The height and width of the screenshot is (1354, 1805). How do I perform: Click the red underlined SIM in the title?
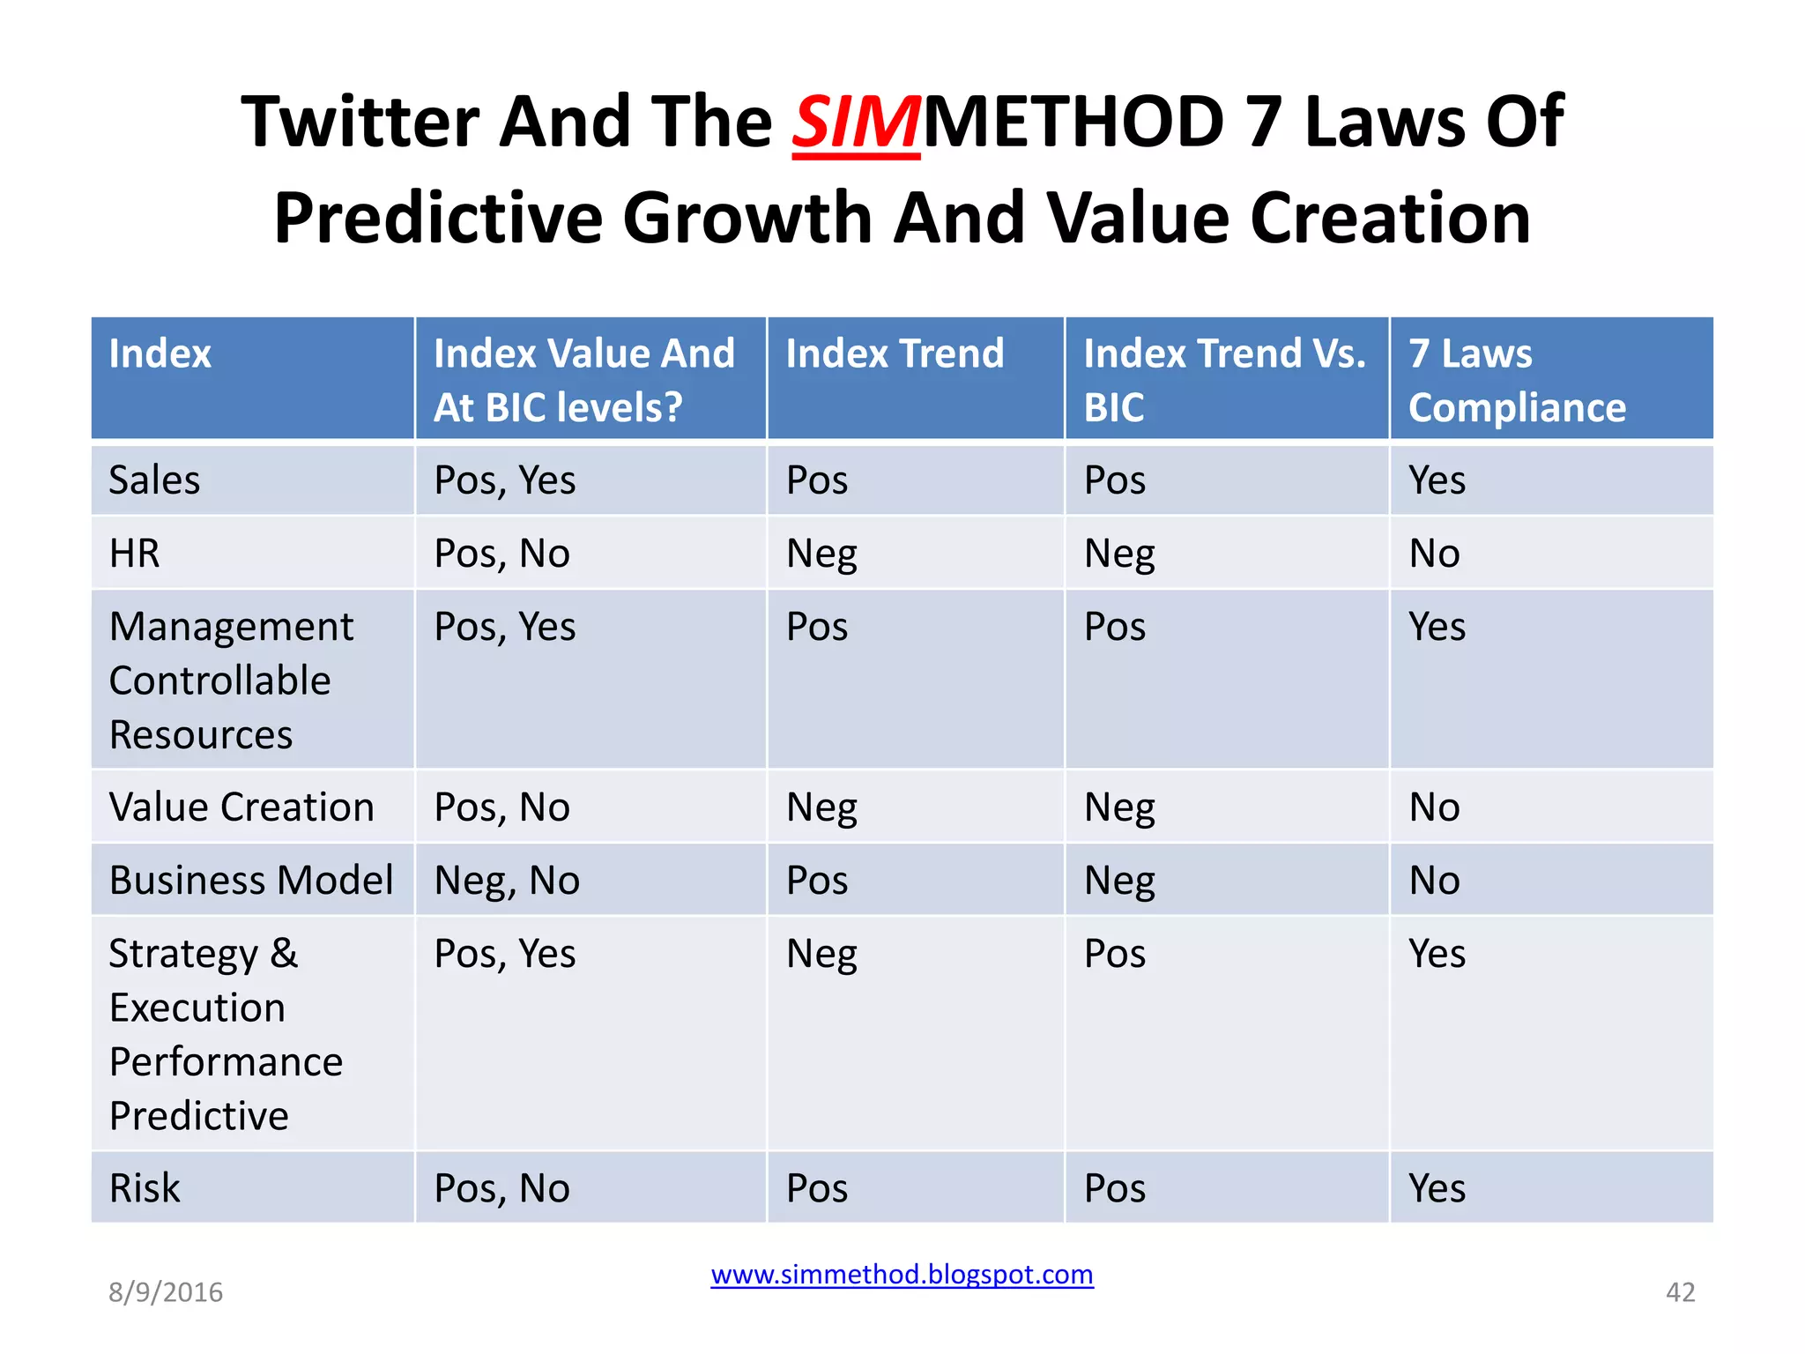[855, 123]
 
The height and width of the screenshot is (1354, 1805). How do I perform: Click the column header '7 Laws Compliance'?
[1516, 380]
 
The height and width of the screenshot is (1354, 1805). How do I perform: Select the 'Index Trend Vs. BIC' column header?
[1224, 380]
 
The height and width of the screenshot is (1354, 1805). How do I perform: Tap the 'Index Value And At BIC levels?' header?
[583, 380]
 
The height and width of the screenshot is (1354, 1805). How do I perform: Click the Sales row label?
[155, 480]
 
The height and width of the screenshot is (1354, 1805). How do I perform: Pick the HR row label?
[135, 554]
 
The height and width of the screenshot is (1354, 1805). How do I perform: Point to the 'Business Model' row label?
[251, 881]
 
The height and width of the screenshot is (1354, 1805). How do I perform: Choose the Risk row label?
[145, 1188]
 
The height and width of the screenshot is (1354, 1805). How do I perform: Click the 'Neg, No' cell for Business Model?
[507, 881]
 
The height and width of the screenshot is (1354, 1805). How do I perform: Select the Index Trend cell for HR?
[821, 554]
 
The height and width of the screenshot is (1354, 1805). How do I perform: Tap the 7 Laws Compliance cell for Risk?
[1437, 1188]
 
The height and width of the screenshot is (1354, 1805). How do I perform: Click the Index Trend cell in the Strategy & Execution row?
[821, 954]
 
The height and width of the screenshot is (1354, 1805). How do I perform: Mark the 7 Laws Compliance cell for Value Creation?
[1434, 807]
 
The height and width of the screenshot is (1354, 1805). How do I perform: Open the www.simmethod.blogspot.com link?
[902, 1275]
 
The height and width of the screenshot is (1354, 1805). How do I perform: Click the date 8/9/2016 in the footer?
[166, 1292]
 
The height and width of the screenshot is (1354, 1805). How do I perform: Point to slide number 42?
[1680, 1292]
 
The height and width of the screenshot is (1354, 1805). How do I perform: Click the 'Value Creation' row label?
[241, 807]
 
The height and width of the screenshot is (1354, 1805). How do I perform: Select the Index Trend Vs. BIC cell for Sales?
[1115, 480]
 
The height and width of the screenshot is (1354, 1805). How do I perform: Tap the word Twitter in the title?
[360, 123]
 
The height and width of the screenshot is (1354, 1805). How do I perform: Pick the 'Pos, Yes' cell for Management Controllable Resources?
[505, 628]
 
